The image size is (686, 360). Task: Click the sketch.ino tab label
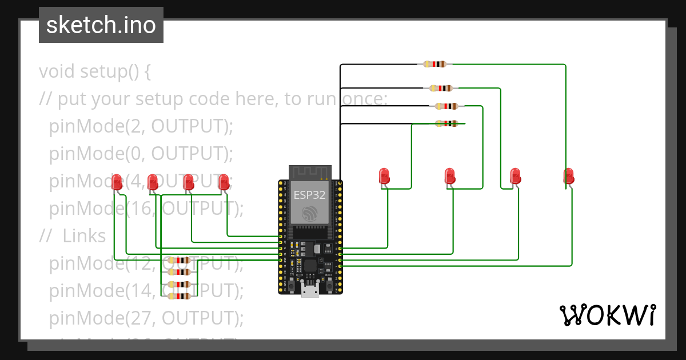pos(101,25)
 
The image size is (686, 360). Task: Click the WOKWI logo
pos(607,315)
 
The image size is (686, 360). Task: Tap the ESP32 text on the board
pos(310,194)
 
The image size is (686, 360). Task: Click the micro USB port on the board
pos(310,291)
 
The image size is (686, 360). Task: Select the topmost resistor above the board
pos(434,65)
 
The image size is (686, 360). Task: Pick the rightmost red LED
pos(568,176)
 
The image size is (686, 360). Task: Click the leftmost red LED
pos(117,182)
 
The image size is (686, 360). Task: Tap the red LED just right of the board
pos(384,176)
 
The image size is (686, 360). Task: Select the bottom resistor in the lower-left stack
pos(179,296)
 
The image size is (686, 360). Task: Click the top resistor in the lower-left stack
pos(179,261)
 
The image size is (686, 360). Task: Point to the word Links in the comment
pos(84,236)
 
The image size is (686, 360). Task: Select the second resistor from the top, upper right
pos(441,88)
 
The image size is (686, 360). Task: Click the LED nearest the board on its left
pos(224,182)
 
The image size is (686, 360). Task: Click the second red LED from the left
pos(153,182)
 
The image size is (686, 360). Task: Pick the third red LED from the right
pos(450,176)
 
